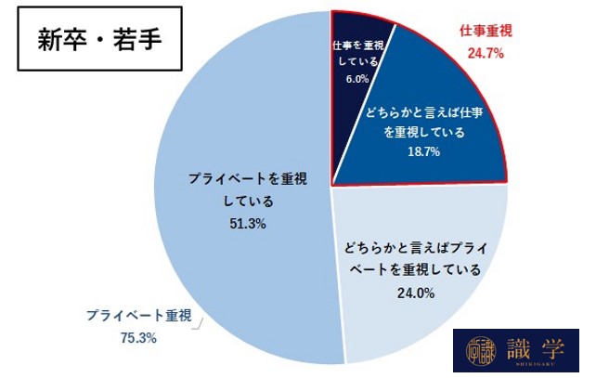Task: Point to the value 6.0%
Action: click(x=357, y=80)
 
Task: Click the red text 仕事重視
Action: click(x=486, y=32)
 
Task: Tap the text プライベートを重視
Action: click(x=234, y=177)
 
